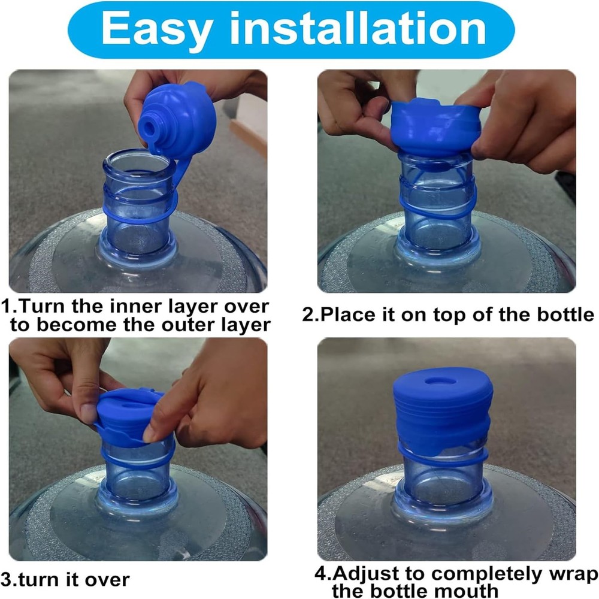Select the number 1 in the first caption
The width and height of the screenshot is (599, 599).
[6, 307]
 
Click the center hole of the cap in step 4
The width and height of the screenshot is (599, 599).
[441, 381]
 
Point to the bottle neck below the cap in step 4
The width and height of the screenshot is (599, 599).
[442, 479]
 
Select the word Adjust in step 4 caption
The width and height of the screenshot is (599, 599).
[372, 574]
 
